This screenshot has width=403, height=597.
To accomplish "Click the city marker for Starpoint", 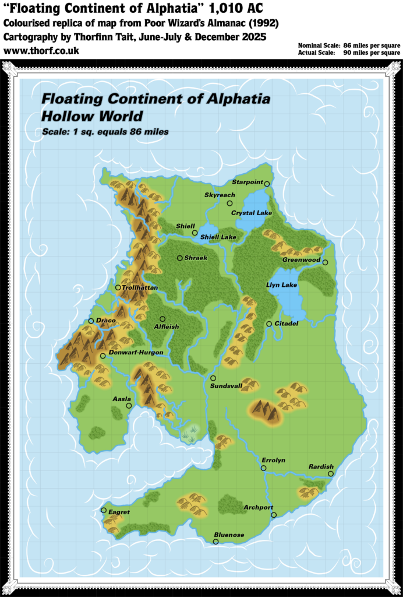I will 267,184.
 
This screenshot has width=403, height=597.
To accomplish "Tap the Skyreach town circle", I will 229,203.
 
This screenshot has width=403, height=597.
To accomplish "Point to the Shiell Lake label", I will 218,237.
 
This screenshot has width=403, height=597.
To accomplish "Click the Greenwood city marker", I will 325,262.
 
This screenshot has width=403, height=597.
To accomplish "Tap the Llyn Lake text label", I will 281,285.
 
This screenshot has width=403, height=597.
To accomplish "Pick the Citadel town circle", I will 269,324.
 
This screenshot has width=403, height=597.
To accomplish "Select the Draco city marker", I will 91,321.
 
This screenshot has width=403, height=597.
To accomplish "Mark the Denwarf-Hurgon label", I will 136,353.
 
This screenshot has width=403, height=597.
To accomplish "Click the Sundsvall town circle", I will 213,378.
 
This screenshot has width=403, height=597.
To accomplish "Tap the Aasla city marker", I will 129,406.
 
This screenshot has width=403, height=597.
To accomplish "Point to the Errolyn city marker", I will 263,468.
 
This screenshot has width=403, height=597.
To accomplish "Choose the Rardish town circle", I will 330,474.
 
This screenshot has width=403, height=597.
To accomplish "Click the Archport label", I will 258,508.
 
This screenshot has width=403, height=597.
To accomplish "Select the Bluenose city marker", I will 215,542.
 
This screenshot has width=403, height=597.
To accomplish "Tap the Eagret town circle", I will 104,511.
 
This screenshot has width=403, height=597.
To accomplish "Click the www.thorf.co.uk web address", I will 41,51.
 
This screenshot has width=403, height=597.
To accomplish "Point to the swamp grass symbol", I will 189,433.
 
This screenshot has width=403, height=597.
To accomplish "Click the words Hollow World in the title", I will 92,115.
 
